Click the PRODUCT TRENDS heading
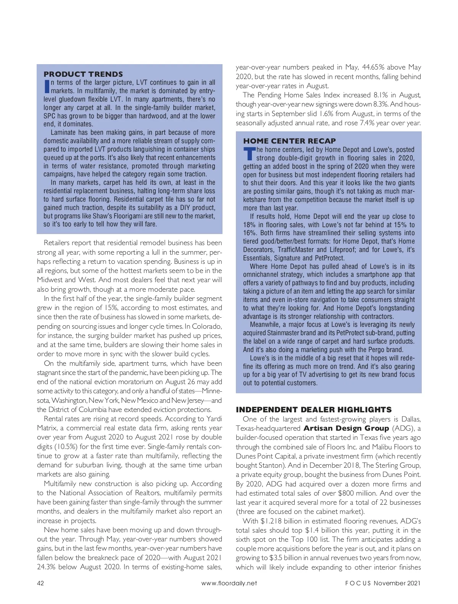[x=83, y=74]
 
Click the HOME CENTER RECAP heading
[x=290, y=141]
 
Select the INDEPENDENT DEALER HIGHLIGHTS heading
[x=314, y=410]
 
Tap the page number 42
[x=40, y=583]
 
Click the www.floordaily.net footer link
[x=229, y=583]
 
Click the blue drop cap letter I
[x=47, y=86]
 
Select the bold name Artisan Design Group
[x=346, y=428]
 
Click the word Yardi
[x=214, y=419]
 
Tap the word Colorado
[x=207, y=326]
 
